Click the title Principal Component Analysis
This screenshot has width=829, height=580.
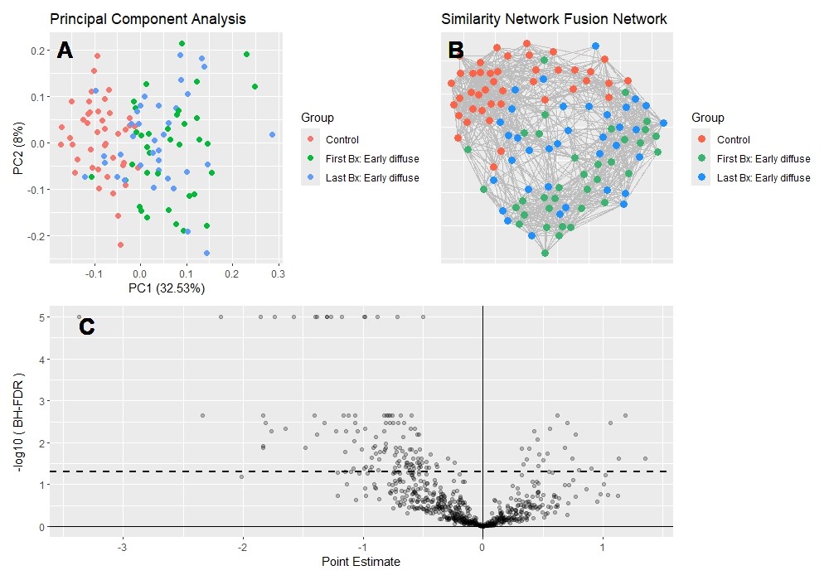(x=148, y=18)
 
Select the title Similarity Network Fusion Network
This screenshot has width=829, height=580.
(x=554, y=18)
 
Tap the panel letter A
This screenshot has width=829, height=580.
(x=65, y=51)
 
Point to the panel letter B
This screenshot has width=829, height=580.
(x=456, y=50)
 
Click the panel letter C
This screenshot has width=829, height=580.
(x=87, y=327)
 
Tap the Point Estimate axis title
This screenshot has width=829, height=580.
(x=361, y=562)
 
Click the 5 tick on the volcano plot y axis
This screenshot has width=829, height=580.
(x=41, y=317)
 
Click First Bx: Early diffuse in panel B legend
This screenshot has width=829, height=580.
(x=763, y=158)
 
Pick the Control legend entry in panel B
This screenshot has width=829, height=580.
(x=733, y=139)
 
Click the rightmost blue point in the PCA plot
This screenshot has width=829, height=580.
(x=273, y=134)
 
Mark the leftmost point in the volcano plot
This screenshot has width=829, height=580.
(x=80, y=317)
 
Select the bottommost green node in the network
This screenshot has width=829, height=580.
(x=545, y=253)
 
